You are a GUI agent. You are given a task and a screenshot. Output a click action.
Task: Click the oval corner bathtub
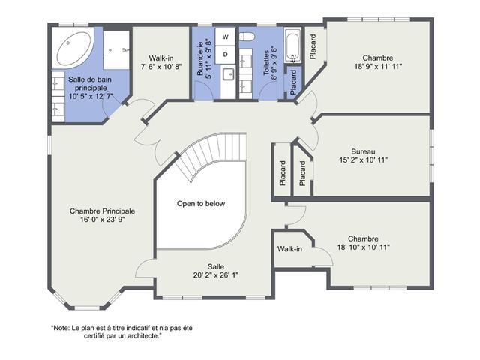pos(73,48)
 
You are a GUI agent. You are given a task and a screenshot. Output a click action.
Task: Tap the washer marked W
pos(225,37)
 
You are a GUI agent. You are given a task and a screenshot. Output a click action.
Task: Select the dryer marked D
pos(225,55)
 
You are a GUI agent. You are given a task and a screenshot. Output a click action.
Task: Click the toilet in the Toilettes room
pos(247,37)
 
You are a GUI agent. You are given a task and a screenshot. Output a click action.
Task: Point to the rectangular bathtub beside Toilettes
pos(293,46)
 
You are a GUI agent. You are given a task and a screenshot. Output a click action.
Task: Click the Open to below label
pos(201,203)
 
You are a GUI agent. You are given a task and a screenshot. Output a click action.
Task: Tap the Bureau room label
pos(363,151)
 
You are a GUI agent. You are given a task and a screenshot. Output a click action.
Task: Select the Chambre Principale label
pos(102,211)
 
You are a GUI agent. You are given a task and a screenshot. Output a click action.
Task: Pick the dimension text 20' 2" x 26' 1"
pos(216,275)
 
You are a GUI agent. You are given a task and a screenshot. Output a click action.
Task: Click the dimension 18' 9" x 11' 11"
pos(378,66)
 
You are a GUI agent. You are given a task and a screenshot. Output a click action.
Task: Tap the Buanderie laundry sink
pos(228,74)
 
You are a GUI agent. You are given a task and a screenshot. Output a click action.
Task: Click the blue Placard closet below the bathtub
pos(293,82)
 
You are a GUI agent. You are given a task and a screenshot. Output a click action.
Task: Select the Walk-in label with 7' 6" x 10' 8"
pos(161,62)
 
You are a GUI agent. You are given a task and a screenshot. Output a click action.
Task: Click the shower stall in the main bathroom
pos(116,50)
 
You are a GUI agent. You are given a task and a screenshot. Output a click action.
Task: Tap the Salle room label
pos(216,267)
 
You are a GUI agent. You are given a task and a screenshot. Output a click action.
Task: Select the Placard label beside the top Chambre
pos(313,46)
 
